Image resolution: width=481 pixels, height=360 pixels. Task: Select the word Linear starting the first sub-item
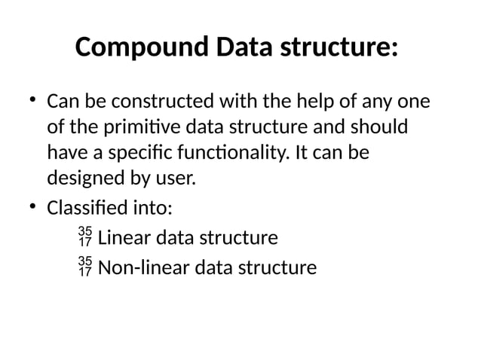[x=124, y=239]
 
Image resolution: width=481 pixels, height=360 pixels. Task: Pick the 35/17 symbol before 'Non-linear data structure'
[x=85, y=267]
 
